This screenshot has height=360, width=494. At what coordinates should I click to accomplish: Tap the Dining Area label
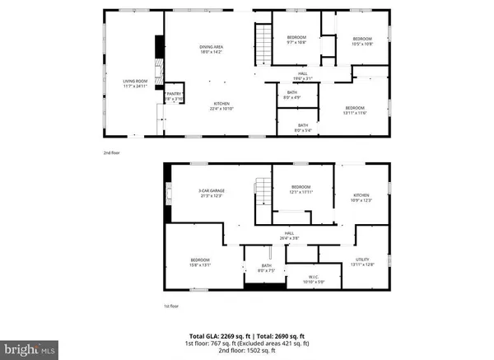[x=212, y=50]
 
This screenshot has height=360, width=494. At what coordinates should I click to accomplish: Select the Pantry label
[x=174, y=96]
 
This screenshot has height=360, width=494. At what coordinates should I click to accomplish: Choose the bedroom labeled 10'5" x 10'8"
[x=363, y=41]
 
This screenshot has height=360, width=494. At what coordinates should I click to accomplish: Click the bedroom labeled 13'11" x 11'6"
[x=355, y=110]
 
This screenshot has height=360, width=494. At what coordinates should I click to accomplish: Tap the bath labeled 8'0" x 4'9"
[x=292, y=96]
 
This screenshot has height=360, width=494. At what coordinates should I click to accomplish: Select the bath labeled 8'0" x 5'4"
[x=292, y=128]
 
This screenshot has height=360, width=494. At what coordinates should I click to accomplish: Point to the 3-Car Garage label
[x=212, y=193]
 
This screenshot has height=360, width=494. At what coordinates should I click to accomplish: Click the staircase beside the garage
[x=263, y=194]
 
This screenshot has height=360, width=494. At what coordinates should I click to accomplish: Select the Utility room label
[x=362, y=262]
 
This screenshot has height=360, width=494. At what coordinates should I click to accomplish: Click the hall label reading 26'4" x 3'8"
[x=290, y=236]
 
